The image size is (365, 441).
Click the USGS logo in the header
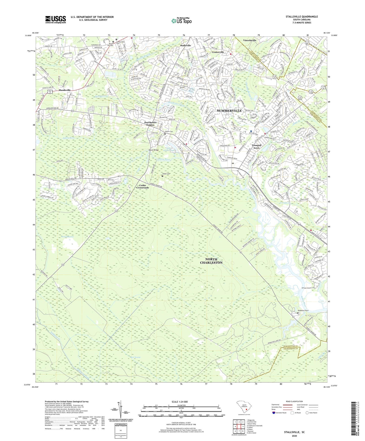click(56, 19)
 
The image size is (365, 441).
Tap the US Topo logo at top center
click(181, 21)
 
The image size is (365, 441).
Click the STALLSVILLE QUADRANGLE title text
click(302, 17)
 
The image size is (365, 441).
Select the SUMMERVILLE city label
click(229, 111)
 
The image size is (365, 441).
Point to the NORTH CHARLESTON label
click(211, 261)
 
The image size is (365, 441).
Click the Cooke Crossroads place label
click(142, 186)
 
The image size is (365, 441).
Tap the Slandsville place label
click(65, 90)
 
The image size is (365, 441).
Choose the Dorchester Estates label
click(150, 124)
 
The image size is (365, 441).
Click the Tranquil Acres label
click(256, 146)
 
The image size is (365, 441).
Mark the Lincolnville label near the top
click(250, 40)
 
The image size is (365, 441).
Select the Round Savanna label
click(67, 237)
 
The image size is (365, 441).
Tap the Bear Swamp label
click(135, 357)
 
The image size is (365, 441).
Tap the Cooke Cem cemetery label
click(166, 174)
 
